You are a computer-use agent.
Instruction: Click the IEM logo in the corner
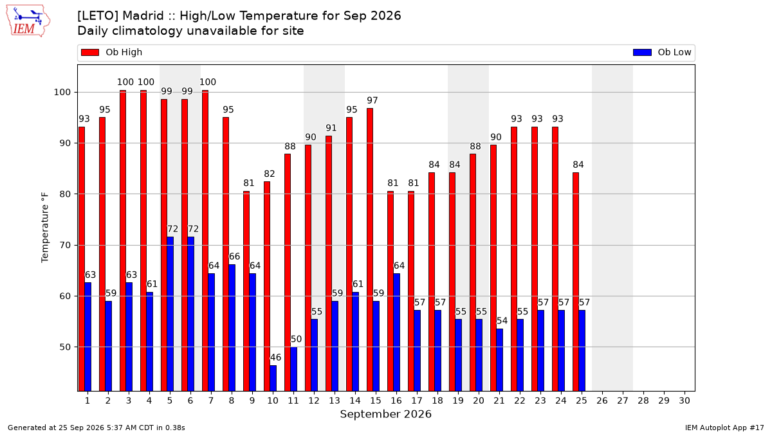(28, 21)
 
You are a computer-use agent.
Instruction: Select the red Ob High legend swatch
(90, 52)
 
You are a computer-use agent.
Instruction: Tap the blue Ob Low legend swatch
(642, 52)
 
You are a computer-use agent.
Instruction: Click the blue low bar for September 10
(273, 378)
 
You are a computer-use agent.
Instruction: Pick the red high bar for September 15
(370, 249)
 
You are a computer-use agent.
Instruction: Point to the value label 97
(372, 100)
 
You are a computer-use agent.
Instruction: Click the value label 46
(276, 357)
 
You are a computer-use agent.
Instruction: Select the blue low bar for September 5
(170, 314)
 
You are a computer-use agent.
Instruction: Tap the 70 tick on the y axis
(65, 245)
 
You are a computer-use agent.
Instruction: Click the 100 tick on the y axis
(62, 93)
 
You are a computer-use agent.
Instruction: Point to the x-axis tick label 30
(685, 401)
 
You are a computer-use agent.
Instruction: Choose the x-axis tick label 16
(396, 401)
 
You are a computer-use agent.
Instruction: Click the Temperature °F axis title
(45, 228)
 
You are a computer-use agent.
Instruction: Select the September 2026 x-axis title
(385, 414)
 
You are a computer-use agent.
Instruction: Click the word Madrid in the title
(143, 16)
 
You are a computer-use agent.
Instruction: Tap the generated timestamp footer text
(96, 428)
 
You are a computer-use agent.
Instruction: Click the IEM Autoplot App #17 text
(724, 428)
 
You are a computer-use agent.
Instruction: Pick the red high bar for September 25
(576, 282)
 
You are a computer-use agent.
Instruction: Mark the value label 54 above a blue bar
(502, 321)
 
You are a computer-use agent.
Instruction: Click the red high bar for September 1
(82, 259)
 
